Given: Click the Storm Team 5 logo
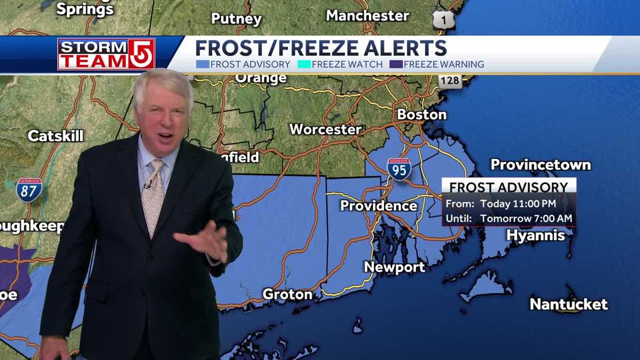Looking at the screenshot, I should coord(106,54).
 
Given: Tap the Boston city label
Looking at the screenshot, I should coord(421,114).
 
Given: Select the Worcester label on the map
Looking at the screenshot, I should coord(325,129).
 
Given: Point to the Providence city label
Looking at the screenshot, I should coord(379,205).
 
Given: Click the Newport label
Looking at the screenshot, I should coord(394,267).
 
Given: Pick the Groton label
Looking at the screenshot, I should coord(287,294).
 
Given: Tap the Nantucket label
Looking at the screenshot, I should coord(569,305).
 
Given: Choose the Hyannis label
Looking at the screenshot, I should coord(535,235).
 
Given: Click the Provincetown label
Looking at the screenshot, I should coord(540,164).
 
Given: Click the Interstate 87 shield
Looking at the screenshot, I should coord(29,190).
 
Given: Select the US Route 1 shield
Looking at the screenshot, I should coord(443,20).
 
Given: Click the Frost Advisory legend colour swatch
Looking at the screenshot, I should coord(202,65).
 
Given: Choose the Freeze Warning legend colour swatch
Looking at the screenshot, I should coord(396,65).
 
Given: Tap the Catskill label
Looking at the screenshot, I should coord(55,135).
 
